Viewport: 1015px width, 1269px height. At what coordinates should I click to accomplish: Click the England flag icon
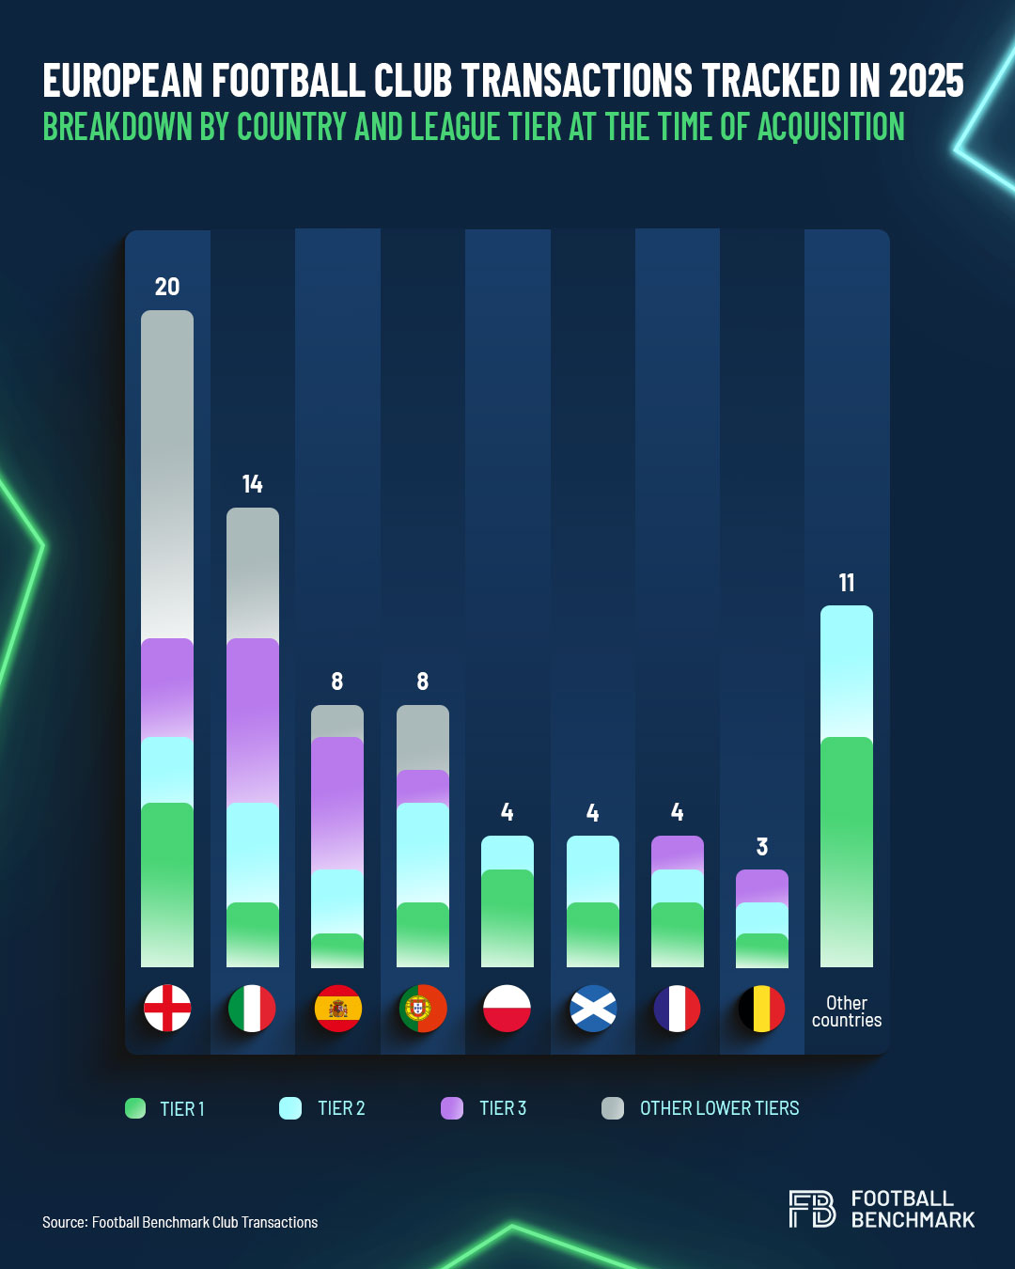(x=167, y=1009)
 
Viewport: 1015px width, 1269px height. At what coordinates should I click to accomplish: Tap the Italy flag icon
(x=252, y=1009)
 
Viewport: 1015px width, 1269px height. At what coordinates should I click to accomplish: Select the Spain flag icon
(x=337, y=1009)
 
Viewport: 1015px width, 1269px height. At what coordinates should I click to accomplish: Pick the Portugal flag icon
(x=423, y=1009)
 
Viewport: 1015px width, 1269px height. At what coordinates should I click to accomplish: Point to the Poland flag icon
(x=507, y=1009)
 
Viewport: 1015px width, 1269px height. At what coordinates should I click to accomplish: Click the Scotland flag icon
(x=593, y=1009)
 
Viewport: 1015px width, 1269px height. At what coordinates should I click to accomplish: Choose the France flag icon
(x=678, y=1009)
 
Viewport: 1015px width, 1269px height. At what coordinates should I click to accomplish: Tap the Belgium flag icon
(x=762, y=1009)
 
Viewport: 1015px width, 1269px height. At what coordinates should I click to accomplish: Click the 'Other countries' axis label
(x=847, y=1011)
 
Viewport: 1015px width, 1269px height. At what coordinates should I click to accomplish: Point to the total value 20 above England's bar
(x=167, y=287)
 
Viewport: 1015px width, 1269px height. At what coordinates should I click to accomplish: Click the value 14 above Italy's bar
(x=252, y=484)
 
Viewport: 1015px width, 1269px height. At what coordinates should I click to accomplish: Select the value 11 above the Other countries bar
(x=847, y=583)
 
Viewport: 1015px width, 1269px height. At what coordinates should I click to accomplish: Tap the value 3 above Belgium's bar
(x=762, y=847)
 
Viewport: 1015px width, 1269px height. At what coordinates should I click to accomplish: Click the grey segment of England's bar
(x=167, y=470)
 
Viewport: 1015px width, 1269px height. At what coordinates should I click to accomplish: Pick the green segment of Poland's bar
(x=507, y=916)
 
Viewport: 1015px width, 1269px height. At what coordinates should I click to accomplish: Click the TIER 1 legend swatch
(x=135, y=1108)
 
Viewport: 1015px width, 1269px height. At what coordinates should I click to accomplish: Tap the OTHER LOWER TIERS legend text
(x=719, y=1108)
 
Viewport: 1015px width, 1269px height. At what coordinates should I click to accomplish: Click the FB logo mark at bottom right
(x=812, y=1209)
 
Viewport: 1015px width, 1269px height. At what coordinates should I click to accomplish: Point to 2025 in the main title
(x=926, y=81)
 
